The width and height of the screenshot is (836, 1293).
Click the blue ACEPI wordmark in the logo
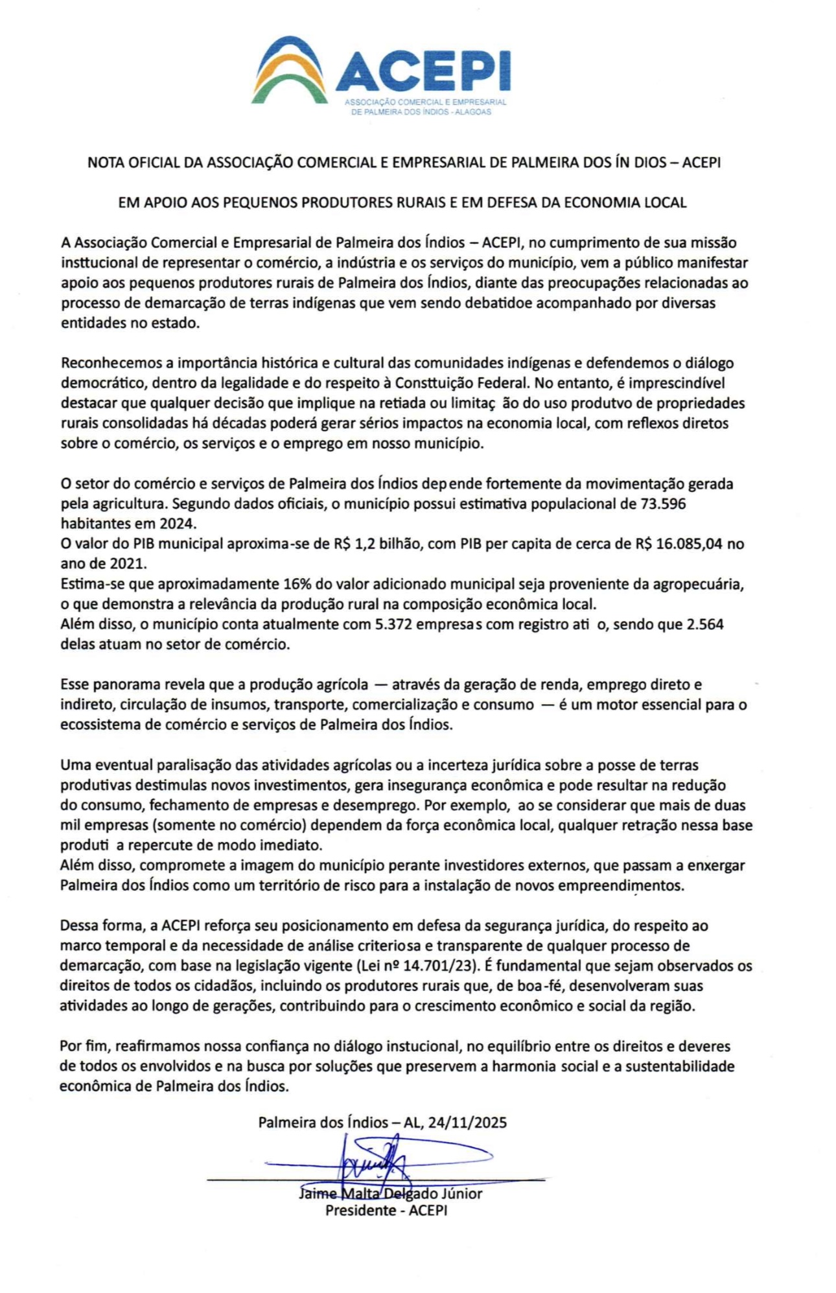(423, 71)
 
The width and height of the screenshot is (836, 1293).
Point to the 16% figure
(297, 584)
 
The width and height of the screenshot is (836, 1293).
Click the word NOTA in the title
(104, 162)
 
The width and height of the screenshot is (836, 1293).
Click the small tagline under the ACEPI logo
(424, 107)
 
